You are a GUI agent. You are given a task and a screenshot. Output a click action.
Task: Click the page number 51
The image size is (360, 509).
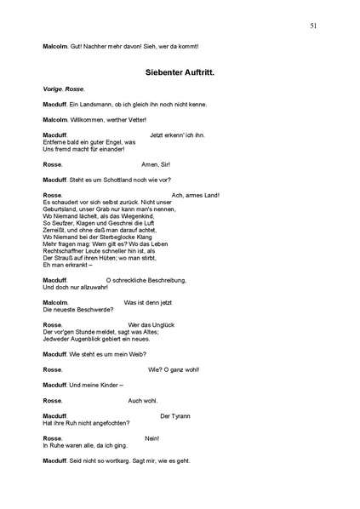pos(313,26)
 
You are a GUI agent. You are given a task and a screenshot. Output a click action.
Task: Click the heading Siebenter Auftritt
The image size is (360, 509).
pos(180,72)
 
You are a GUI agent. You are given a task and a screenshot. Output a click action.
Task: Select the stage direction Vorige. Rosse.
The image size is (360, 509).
pos(63,89)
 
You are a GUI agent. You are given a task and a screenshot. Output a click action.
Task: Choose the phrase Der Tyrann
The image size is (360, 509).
pos(175,415)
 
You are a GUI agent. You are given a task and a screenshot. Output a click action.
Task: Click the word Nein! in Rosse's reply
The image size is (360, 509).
pos(152,438)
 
